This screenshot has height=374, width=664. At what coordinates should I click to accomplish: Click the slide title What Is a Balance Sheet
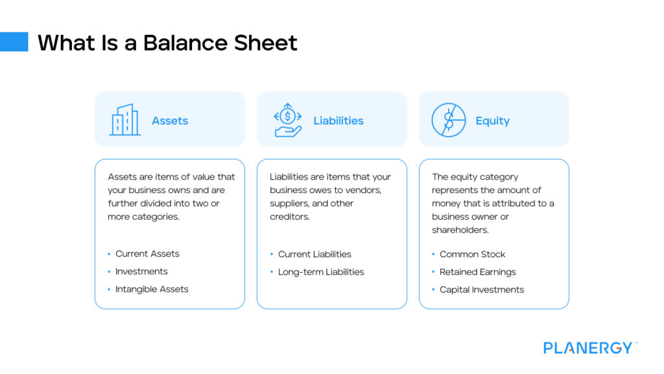coord(167,43)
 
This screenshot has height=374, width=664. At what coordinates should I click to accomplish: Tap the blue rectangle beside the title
coord(14,41)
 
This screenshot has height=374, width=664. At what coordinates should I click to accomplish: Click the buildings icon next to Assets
coord(124,120)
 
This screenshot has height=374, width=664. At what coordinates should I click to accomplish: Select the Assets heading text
coord(170,121)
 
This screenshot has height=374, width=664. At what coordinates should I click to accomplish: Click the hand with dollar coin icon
coord(288,120)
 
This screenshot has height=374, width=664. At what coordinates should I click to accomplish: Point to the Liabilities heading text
coord(338,121)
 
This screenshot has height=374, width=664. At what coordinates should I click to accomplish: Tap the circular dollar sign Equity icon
coord(449,120)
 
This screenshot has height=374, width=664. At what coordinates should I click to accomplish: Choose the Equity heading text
coord(492,121)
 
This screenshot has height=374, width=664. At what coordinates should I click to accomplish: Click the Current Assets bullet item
coord(147,253)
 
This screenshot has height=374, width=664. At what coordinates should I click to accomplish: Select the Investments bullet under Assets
coord(141,272)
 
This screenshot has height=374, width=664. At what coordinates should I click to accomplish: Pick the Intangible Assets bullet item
coord(152,289)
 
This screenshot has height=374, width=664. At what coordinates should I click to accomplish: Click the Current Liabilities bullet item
coord(314,254)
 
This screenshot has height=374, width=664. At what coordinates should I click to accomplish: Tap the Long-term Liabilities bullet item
coord(321,272)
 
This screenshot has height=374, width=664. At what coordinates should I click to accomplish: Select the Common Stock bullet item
coord(472,254)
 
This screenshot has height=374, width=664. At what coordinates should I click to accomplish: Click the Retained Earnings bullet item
coord(477,272)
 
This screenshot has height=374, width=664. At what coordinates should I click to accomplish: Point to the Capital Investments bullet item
coord(481,290)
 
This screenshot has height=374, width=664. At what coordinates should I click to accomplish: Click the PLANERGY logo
coord(589,348)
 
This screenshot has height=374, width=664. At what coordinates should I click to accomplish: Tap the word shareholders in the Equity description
coord(460,230)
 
